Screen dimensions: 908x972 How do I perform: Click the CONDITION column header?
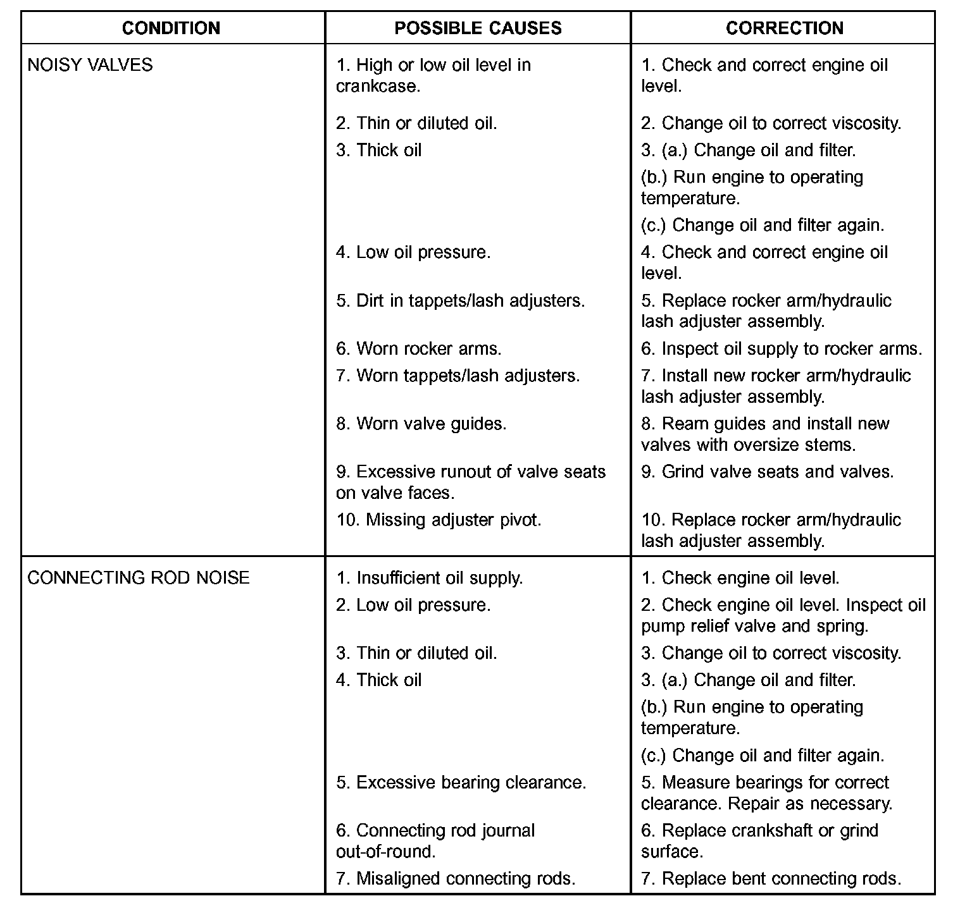(x=171, y=28)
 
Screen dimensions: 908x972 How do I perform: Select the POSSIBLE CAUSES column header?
(x=478, y=28)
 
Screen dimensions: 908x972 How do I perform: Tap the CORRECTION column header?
(x=784, y=28)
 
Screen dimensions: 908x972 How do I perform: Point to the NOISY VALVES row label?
(x=90, y=65)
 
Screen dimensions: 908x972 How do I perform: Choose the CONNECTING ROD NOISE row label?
(x=139, y=578)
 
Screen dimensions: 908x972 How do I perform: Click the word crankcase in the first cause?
(x=378, y=86)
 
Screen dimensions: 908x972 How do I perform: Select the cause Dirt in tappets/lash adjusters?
(x=461, y=300)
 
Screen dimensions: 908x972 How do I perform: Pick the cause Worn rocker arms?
(x=419, y=348)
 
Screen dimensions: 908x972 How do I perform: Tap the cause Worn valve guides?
(x=421, y=423)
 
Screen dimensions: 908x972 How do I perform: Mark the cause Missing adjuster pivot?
(x=439, y=520)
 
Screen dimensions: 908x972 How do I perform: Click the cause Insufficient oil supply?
(x=430, y=578)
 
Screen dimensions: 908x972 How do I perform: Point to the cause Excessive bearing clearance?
(x=461, y=782)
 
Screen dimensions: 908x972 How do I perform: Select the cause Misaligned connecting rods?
(x=456, y=878)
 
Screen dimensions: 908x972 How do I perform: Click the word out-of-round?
(x=385, y=851)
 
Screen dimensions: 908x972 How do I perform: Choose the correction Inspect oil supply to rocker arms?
(x=782, y=348)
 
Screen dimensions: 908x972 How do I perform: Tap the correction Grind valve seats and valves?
(x=768, y=472)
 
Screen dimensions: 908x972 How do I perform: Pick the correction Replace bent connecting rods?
(x=771, y=878)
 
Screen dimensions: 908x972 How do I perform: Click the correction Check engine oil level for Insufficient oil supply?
(x=740, y=578)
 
